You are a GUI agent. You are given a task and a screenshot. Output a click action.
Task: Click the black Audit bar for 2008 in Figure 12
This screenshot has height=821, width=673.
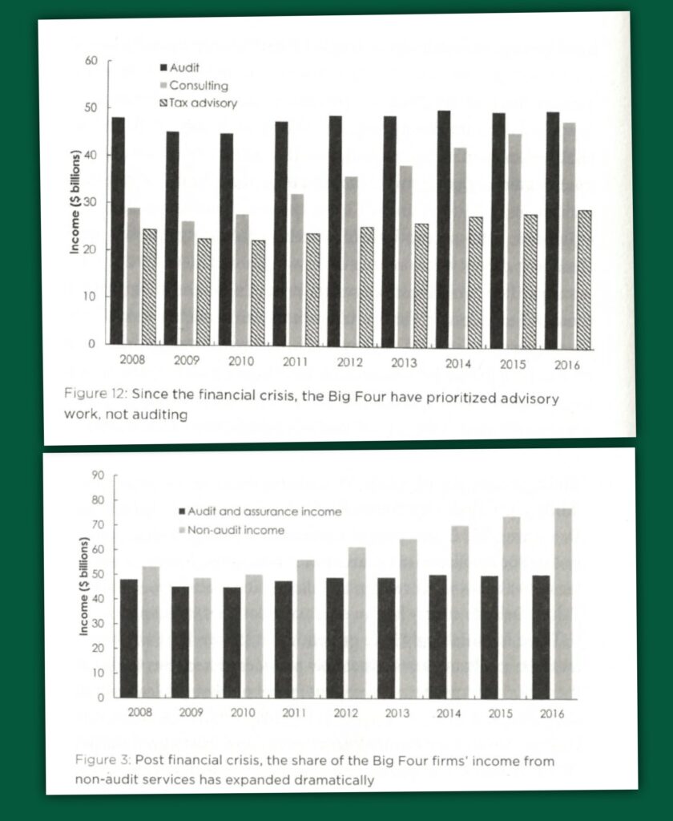118,233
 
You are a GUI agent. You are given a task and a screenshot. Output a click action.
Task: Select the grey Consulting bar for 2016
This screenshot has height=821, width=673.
569,236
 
